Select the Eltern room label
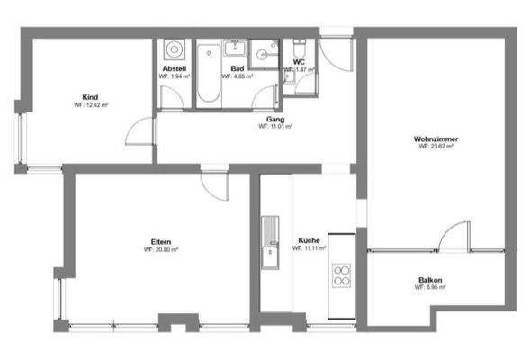coord(162,240)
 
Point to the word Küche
coord(309,240)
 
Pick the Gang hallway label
coord(275,118)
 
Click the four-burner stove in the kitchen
coord(342,275)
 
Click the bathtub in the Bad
coord(208,74)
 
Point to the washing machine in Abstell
coord(174,49)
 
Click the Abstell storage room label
coord(174,69)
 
